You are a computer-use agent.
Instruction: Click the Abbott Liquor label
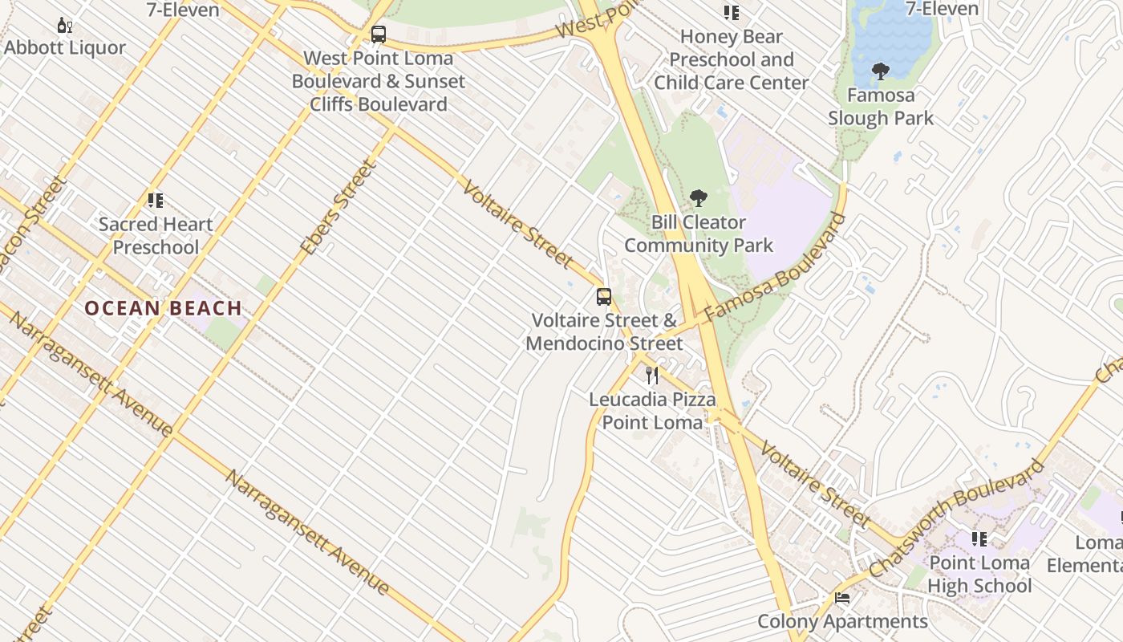(x=65, y=47)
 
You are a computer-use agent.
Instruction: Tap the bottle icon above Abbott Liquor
(x=65, y=26)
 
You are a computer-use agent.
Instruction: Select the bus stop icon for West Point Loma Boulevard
(x=379, y=35)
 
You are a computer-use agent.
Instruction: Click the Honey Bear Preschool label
(x=731, y=59)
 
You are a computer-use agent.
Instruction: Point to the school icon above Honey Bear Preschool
(x=731, y=13)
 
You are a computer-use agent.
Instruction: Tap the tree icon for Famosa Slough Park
(x=881, y=71)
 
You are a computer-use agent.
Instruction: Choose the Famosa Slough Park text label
(x=881, y=107)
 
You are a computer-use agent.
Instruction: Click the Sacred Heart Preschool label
(x=156, y=235)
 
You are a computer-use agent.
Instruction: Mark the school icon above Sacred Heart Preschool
(x=156, y=201)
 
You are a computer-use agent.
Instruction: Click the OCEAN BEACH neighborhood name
(x=164, y=308)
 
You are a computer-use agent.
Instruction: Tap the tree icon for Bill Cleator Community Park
(x=699, y=198)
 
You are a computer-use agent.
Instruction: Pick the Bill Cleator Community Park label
(x=699, y=234)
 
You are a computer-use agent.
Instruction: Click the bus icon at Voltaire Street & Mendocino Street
(x=604, y=297)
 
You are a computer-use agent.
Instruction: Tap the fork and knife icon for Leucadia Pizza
(x=652, y=375)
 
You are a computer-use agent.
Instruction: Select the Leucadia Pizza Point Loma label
(x=652, y=410)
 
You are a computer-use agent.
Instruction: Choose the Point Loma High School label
(x=979, y=574)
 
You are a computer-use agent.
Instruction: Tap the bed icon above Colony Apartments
(x=842, y=598)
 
